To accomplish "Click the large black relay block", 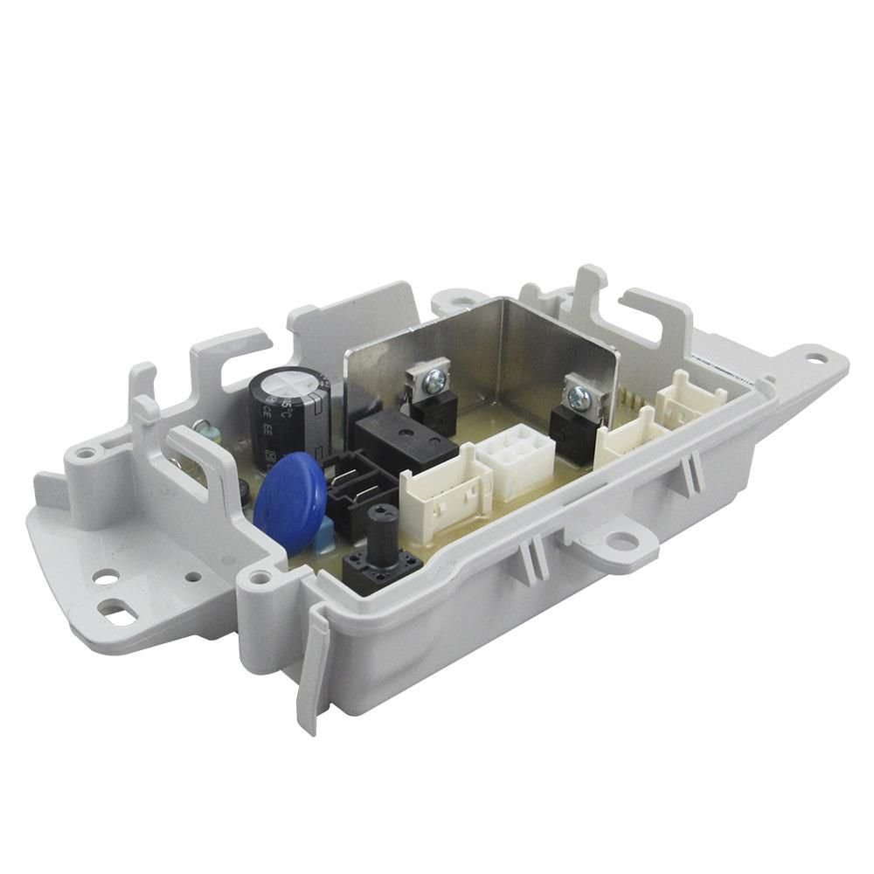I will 404,441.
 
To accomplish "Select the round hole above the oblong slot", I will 107,577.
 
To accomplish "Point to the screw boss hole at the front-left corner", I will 259,578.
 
